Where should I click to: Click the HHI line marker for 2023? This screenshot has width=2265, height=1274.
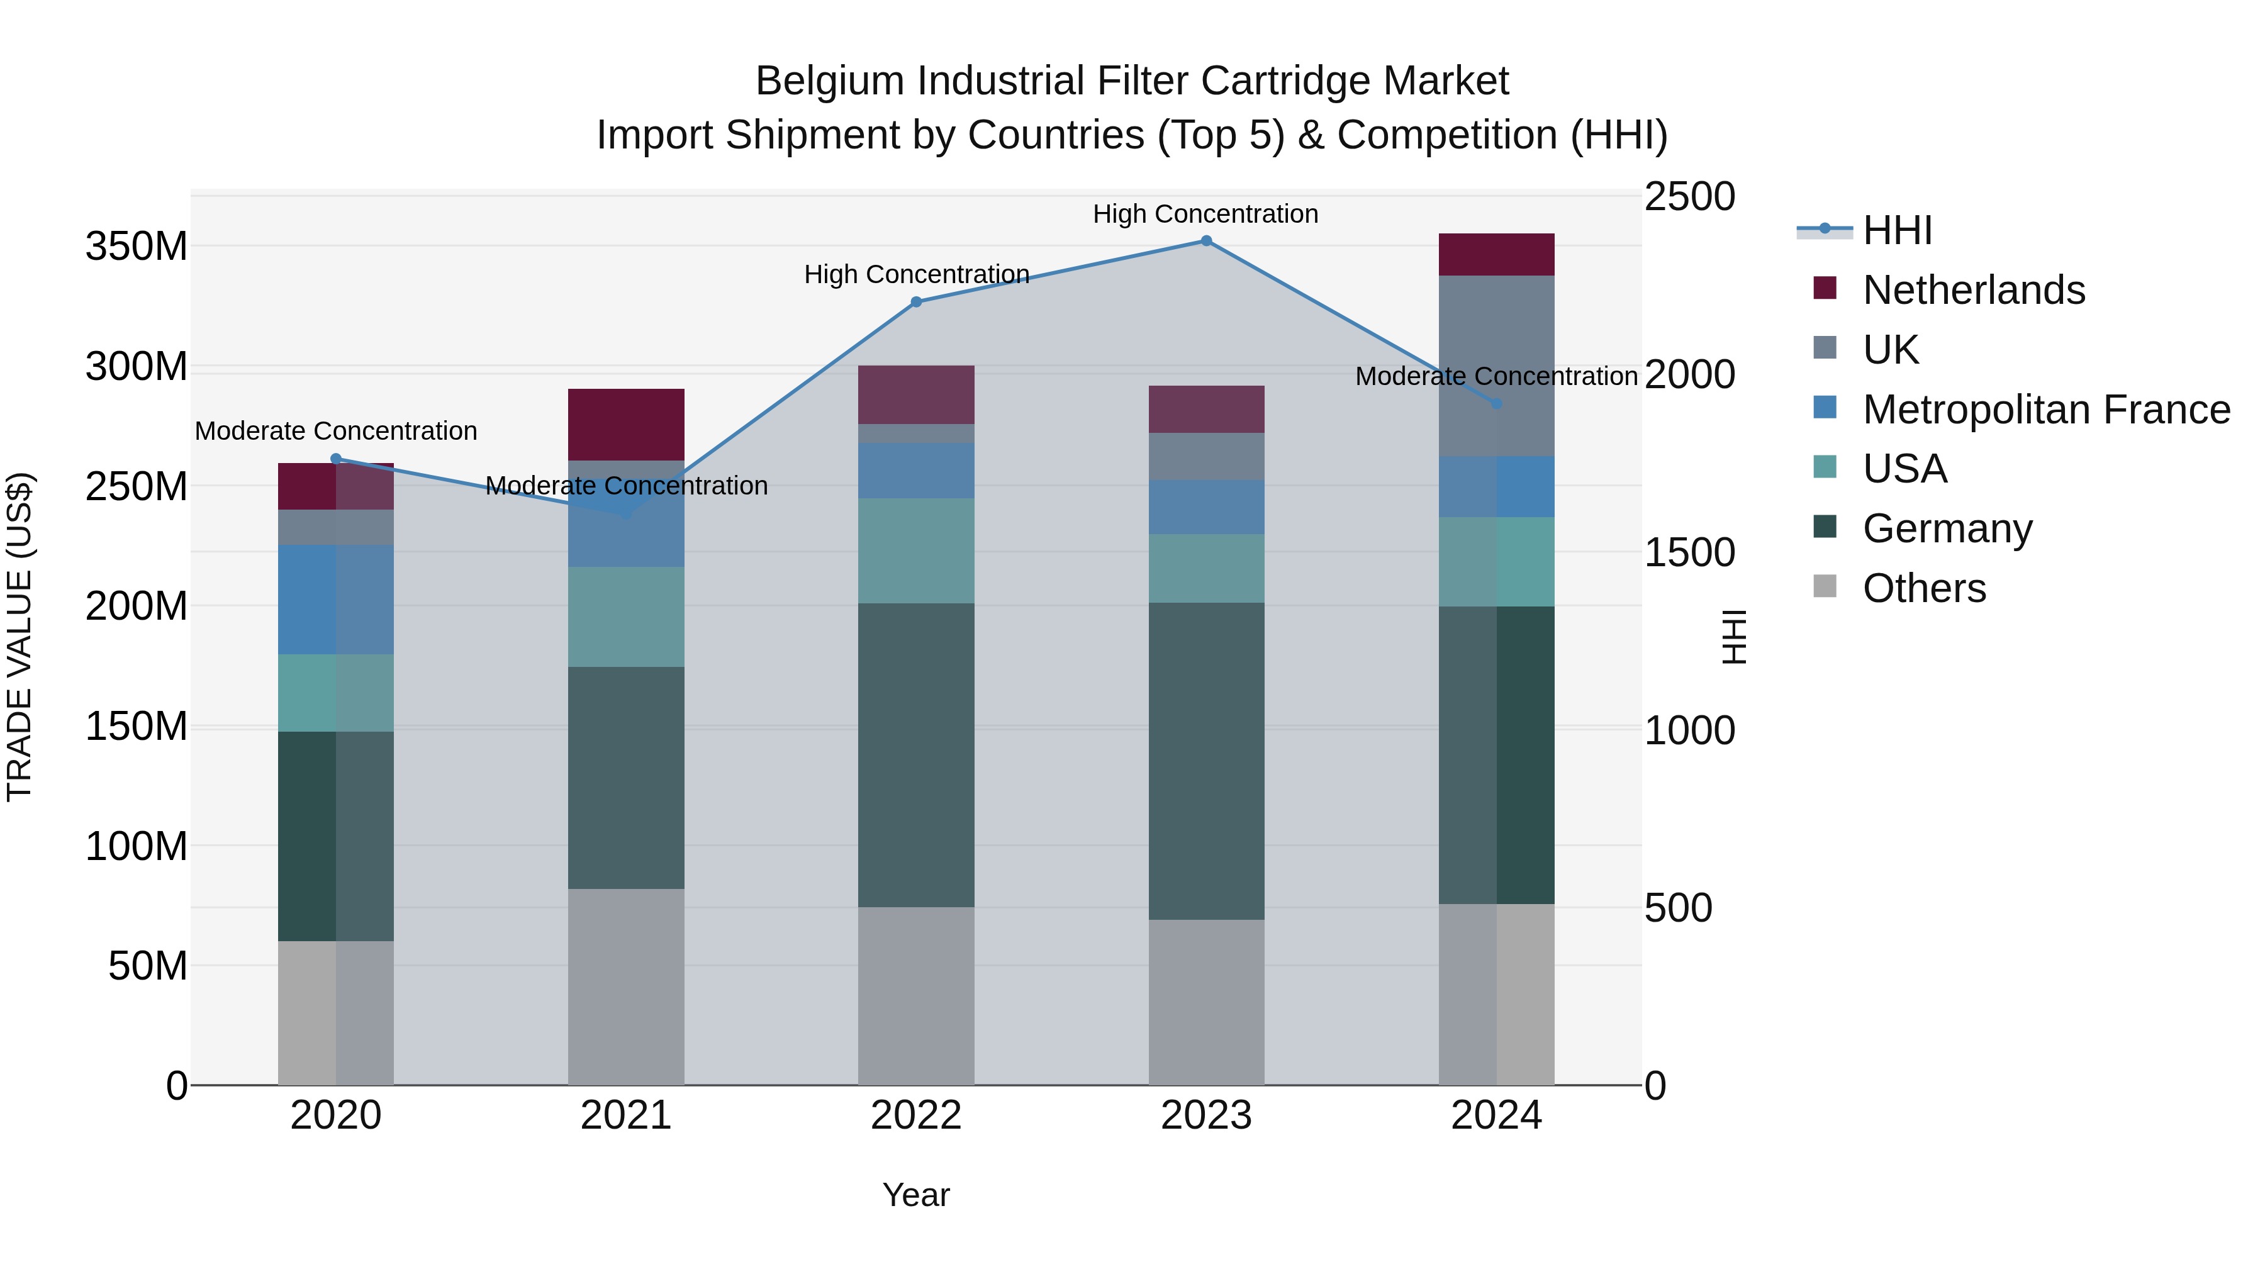click(1206, 241)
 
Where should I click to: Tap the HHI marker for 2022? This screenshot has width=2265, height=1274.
click(916, 301)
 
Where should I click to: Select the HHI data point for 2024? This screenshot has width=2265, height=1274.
click(1497, 403)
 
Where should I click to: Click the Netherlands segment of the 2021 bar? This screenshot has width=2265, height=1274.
click(626, 424)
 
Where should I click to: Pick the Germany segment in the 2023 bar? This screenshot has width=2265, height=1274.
click(1206, 761)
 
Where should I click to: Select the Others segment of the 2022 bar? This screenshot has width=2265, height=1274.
click(916, 995)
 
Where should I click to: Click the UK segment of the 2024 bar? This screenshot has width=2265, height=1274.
click(1497, 365)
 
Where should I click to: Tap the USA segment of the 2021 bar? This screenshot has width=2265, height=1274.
click(626, 617)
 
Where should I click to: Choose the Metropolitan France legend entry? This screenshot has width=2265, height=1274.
click(2045, 410)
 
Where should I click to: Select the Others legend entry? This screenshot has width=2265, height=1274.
click(1924, 588)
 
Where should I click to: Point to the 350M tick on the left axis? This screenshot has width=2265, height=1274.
click(137, 246)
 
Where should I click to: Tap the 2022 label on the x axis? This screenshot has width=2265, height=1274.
click(916, 1115)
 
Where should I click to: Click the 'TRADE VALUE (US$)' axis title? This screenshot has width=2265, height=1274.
click(20, 637)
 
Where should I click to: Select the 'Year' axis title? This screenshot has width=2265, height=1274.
click(916, 1195)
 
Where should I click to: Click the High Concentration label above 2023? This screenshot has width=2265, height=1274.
click(1205, 214)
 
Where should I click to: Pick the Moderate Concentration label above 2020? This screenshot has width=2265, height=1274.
click(336, 431)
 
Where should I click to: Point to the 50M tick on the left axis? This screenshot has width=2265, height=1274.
click(148, 965)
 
